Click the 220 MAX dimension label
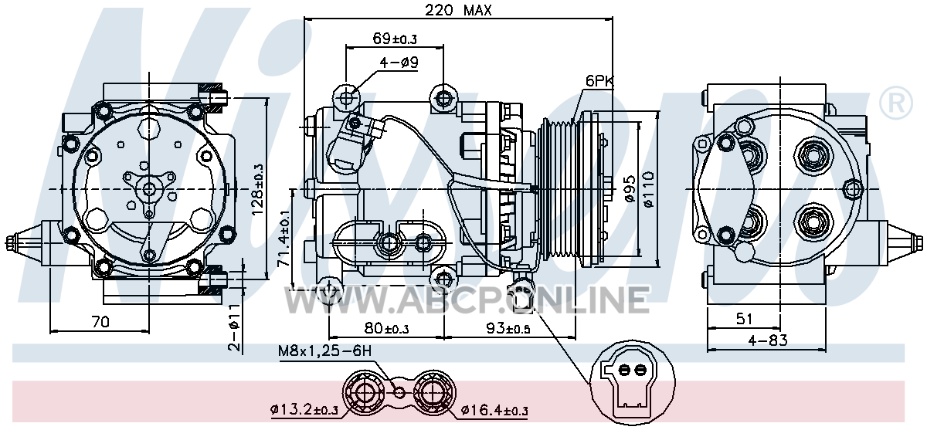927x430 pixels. pos(459,10)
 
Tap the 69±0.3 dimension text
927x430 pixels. pos(395,39)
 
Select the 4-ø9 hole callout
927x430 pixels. pos(399,63)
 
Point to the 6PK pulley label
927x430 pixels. pos(599,81)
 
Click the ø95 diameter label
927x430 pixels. pos(629,189)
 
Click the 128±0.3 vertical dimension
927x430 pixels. pos(257,189)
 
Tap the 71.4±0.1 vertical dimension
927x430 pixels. pos(284,238)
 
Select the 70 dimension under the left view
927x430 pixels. pos(100,322)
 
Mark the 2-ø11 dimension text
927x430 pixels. pos(234,327)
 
